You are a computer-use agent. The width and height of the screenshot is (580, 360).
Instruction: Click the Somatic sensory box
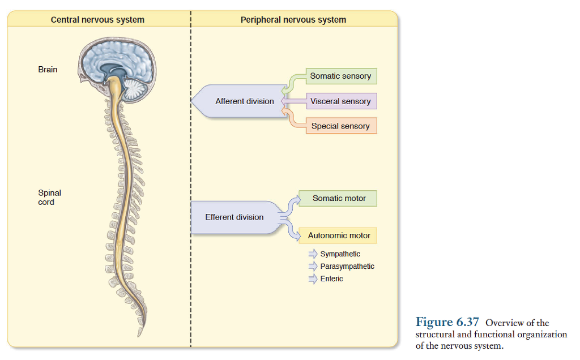click(x=340, y=76)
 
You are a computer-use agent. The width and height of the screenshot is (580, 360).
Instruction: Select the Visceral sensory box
click(x=340, y=101)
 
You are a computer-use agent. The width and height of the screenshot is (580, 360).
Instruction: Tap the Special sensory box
click(x=340, y=126)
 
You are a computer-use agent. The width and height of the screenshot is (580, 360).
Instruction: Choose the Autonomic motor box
click(x=339, y=235)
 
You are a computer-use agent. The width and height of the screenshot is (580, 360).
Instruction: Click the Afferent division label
click(x=244, y=101)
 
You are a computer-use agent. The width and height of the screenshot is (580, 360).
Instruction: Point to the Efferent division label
click(x=234, y=217)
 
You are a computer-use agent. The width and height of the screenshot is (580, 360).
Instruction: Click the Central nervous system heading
click(x=97, y=20)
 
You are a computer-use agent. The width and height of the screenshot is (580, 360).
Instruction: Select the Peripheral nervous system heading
click(x=293, y=20)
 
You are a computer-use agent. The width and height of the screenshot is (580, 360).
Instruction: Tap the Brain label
click(x=48, y=70)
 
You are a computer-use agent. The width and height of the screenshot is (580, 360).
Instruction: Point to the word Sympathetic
click(x=340, y=254)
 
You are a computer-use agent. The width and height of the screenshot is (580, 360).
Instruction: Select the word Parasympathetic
click(x=347, y=267)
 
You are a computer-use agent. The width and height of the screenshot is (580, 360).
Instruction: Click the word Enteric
click(x=331, y=279)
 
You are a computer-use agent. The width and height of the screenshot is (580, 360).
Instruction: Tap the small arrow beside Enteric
click(x=313, y=279)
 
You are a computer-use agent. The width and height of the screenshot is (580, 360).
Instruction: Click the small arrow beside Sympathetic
click(x=313, y=254)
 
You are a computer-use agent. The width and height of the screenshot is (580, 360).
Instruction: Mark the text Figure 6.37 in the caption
click(x=447, y=323)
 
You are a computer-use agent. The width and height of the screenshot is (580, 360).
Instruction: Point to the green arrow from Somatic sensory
click(x=293, y=82)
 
